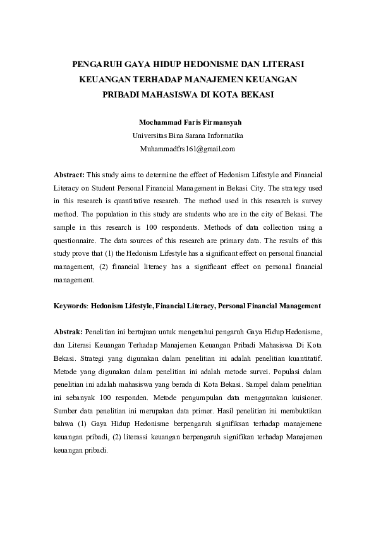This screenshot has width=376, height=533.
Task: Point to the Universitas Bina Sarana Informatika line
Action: click(188, 135)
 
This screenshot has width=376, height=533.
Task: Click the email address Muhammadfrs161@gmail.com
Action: click(187, 149)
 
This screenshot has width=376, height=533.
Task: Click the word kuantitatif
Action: click(302, 358)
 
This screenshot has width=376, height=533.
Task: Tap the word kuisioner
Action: click(305, 398)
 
